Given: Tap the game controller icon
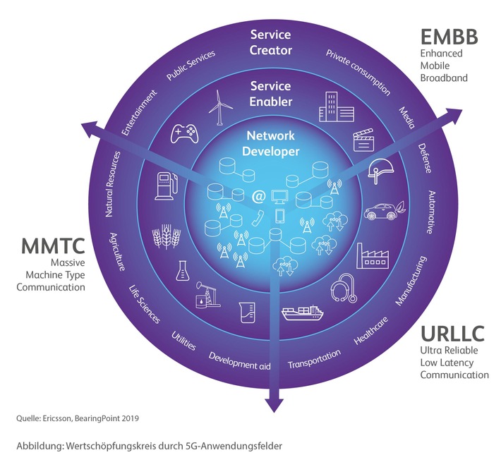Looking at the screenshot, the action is (184, 133).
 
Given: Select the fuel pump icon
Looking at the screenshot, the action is (166, 186).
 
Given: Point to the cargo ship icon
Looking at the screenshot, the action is (303, 312).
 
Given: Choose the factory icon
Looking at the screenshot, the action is (373, 256).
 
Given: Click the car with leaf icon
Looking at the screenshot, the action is (385, 210).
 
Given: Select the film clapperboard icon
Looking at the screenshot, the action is (363, 140).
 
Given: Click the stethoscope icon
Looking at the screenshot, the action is (344, 288).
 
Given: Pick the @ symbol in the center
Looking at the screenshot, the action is (258, 196).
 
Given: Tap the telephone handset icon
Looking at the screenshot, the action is (258, 218).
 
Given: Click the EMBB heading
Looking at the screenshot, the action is (449, 37).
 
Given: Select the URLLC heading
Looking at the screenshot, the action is (452, 334).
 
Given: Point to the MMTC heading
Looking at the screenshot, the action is (53, 246).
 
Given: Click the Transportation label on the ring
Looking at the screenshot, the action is (315, 360).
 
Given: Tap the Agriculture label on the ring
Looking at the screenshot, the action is (117, 252).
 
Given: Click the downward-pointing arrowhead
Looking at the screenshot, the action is (274, 405).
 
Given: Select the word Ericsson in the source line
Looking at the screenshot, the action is (56, 418).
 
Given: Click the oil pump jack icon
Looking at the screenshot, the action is (207, 294).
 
